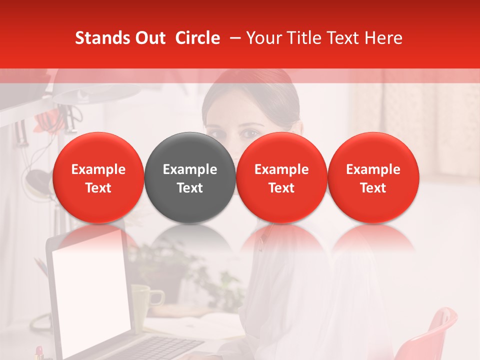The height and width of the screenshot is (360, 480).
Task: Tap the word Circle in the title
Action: [x=197, y=38]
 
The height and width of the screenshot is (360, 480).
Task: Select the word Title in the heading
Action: [x=301, y=38]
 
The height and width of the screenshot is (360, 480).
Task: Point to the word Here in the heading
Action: [x=384, y=38]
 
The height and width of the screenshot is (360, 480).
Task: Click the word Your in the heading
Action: [x=263, y=38]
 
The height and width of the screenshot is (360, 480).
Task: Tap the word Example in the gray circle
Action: [x=189, y=169]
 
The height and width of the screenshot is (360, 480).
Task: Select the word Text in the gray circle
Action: [x=189, y=188]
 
